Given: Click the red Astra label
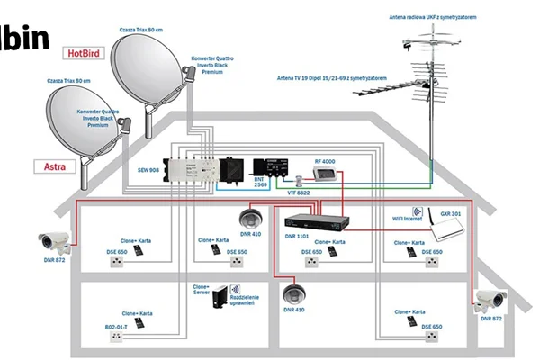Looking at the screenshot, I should pos(53,166).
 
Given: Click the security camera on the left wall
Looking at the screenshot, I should pos(54,240).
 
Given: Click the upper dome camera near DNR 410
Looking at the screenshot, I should pos(249,218).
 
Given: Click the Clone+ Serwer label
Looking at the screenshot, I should pos(203,290).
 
